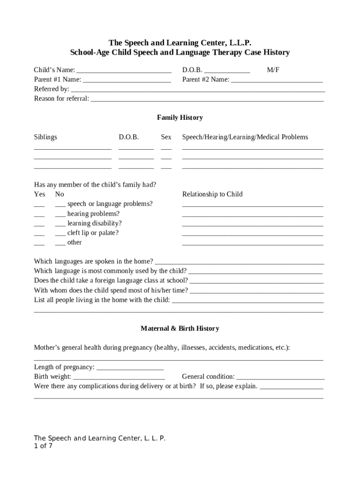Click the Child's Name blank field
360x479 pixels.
click(x=124, y=71)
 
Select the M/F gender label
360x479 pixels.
click(x=273, y=70)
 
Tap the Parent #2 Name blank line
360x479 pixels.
click(x=277, y=81)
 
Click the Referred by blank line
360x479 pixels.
click(x=197, y=90)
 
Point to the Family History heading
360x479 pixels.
click(x=180, y=117)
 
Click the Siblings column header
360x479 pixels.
click(x=45, y=137)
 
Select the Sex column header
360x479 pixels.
click(x=166, y=137)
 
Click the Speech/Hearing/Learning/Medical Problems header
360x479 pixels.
click(x=245, y=137)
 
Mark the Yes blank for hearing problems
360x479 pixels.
click(x=39, y=215)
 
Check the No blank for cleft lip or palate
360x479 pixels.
click(x=60, y=234)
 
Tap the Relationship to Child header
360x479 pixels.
click(x=212, y=194)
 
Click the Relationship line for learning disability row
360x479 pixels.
click(x=252, y=225)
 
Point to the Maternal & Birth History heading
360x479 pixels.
click(x=180, y=328)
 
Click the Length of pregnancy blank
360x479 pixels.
click(x=130, y=369)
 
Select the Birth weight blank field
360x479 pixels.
click(x=119, y=378)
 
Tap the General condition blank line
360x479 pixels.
click(x=281, y=378)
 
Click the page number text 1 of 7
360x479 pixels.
click(x=43, y=446)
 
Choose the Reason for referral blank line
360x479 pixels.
click(x=207, y=100)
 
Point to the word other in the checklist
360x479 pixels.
click(x=74, y=242)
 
